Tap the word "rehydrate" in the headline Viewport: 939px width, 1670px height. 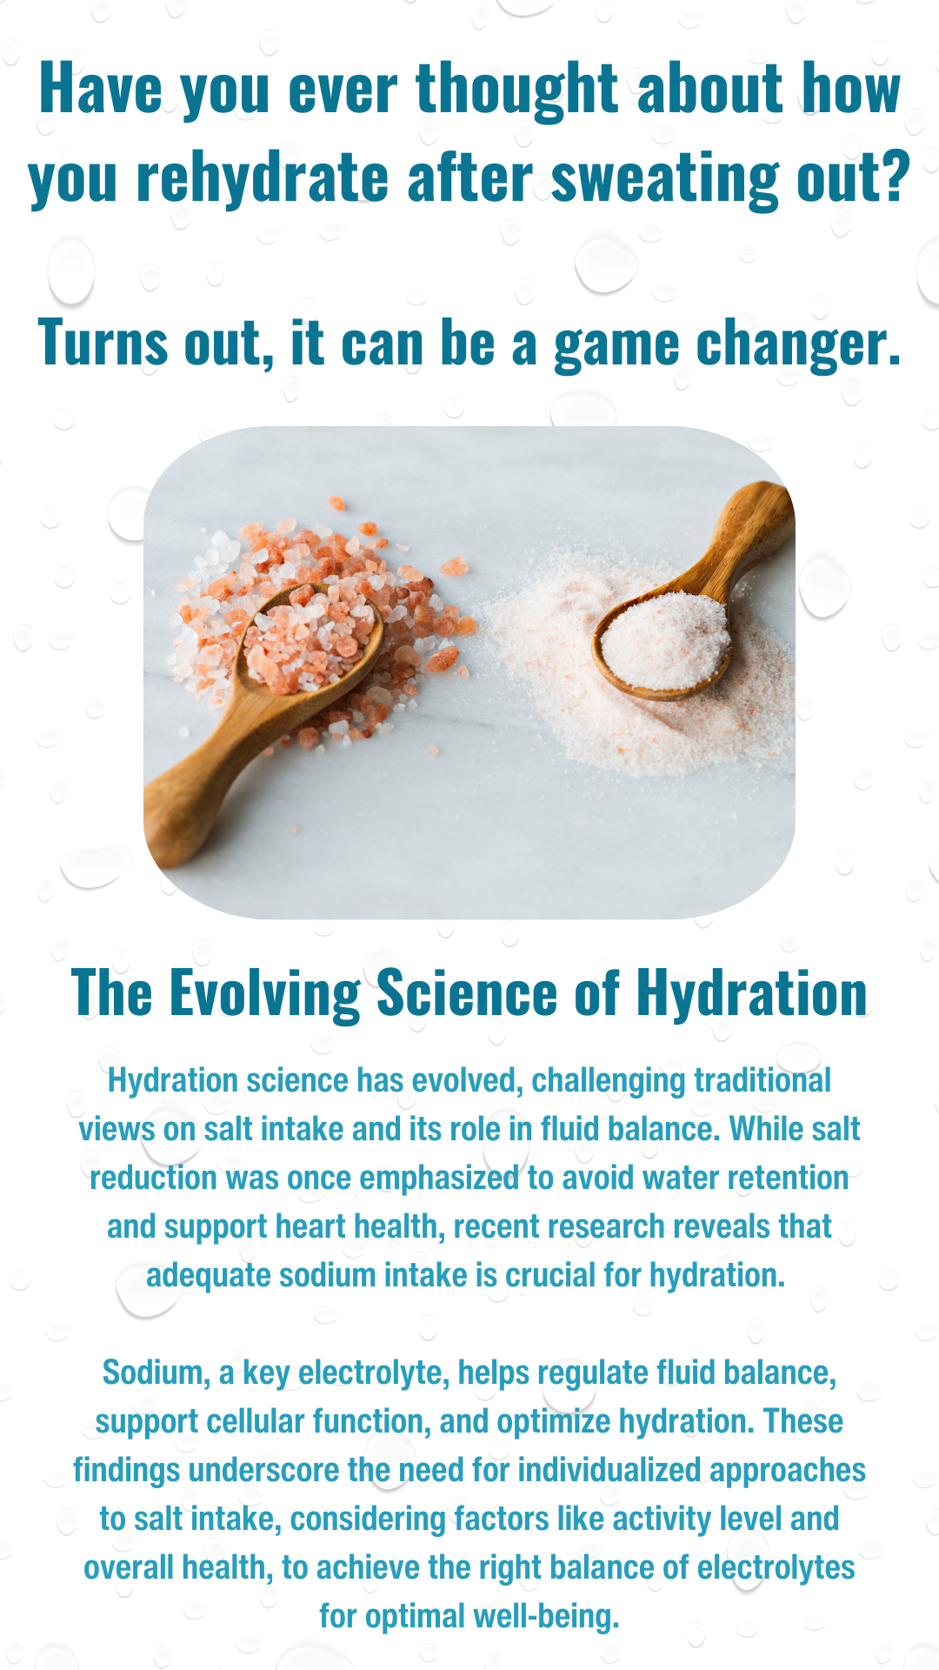pos(262,178)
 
